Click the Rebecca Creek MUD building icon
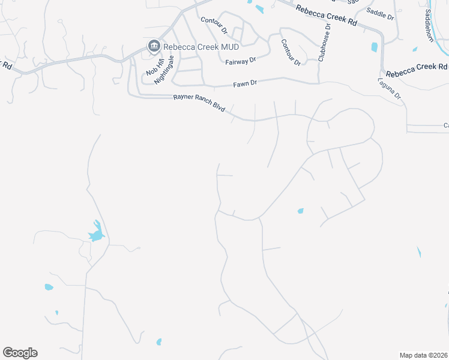tap(154, 47)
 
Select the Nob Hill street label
tap(154, 65)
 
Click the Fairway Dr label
tap(241, 61)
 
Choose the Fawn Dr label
tap(246, 83)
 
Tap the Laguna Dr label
tap(389, 88)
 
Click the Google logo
tap(20, 352)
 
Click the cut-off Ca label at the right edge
tap(446, 125)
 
